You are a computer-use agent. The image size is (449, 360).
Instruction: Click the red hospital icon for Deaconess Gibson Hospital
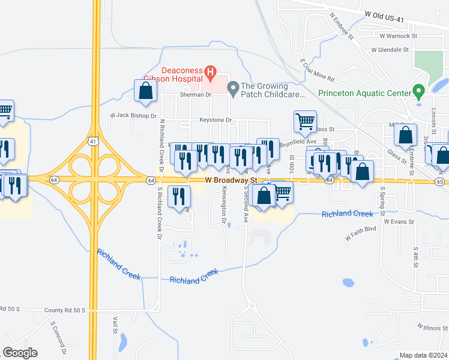click(x=210, y=74)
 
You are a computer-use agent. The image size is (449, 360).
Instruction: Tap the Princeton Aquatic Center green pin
click(x=420, y=93)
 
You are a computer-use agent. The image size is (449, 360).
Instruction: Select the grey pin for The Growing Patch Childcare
click(x=234, y=89)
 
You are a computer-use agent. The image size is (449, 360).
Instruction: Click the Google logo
click(x=20, y=353)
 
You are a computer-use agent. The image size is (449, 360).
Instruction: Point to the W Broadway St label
click(x=231, y=179)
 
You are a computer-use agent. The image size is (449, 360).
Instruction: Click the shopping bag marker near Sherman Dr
click(x=145, y=91)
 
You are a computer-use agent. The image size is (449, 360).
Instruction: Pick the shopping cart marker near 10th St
click(x=305, y=121)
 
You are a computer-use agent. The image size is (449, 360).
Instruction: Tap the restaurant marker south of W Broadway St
click(x=179, y=197)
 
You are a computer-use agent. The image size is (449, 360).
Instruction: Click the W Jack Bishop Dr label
click(x=133, y=115)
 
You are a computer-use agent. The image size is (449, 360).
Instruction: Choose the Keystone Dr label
click(x=215, y=120)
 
